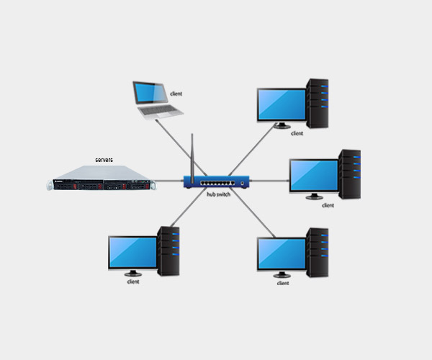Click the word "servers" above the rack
[x=104, y=159]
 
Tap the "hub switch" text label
[x=218, y=195]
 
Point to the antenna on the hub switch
[x=192, y=155]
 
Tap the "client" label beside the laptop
[x=177, y=94]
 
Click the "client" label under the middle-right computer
[x=328, y=205]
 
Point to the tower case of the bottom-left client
[x=168, y=250]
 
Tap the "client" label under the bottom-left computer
[x=132, y=282]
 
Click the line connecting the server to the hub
[x=169, y=180]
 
